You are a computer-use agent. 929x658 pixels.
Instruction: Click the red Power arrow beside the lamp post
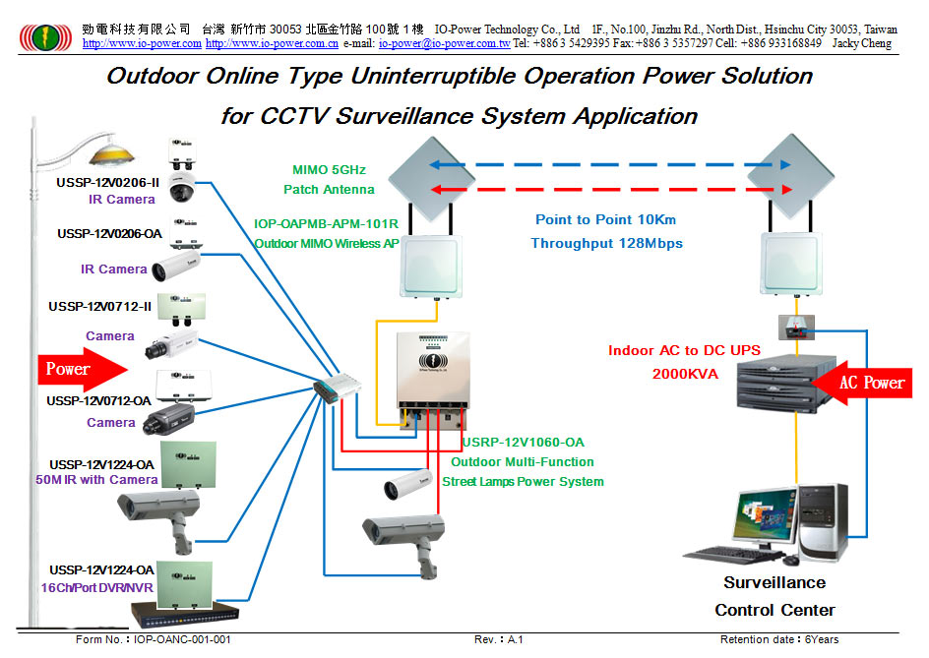[x=83, y=370]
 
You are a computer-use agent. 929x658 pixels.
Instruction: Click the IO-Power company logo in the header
[x=46, y=37]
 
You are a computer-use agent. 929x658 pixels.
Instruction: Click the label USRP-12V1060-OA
[x=524, y=442]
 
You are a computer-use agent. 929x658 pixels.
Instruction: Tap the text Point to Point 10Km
[x=605, y=219]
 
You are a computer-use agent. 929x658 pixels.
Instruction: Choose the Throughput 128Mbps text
[x=606, y=243]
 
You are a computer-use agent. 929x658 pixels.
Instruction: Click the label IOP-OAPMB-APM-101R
[x=327, y=224]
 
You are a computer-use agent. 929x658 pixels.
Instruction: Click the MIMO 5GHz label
[x=329, y=170]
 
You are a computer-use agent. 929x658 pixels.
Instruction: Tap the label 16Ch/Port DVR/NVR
[x=97, y=587]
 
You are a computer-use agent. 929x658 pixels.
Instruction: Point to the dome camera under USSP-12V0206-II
[x=182, y=188]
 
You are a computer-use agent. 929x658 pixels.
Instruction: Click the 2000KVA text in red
[x=685, y=374]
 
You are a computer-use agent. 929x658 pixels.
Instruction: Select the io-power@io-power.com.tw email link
[x=445, y=43]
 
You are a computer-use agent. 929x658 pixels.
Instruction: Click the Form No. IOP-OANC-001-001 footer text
[x=153, y=639]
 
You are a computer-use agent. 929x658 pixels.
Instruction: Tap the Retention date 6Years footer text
[x=779, y=639]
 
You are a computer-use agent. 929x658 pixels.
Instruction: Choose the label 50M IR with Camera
[x=96, y=480]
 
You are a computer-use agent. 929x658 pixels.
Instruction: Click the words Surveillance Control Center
[x=774, y=596]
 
